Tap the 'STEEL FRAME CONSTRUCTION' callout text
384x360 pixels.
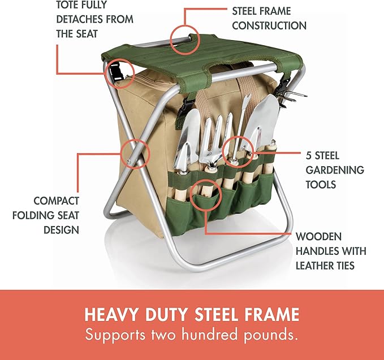[x=269, y=18]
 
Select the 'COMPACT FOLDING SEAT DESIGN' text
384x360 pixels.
[x=56, y=215]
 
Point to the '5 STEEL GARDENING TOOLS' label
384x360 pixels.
[x=335, y=170]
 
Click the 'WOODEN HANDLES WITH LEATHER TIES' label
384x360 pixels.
[x=331, y=250]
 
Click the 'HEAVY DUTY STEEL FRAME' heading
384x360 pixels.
[x=192, y=315]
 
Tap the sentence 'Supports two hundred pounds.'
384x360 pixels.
[x=192, y=335]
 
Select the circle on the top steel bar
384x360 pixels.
[x=186, y=39]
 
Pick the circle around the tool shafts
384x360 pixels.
[x=236, y=150]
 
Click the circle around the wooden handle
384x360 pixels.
[x=205, y=194]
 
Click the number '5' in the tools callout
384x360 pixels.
[x=309, y=155]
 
